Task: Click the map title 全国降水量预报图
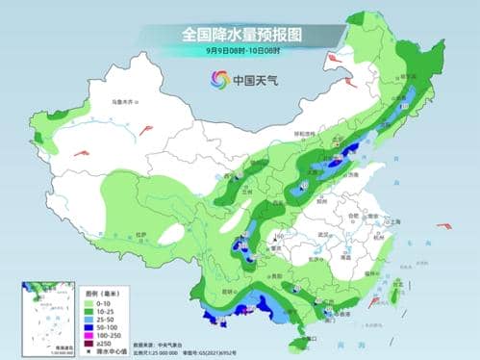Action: pyautogui.click(x=240, y=34)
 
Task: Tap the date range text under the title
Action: pyautogui.click(x=240, y=50)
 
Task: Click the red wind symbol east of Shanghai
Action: pyautogui.click(x=443, y=227)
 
